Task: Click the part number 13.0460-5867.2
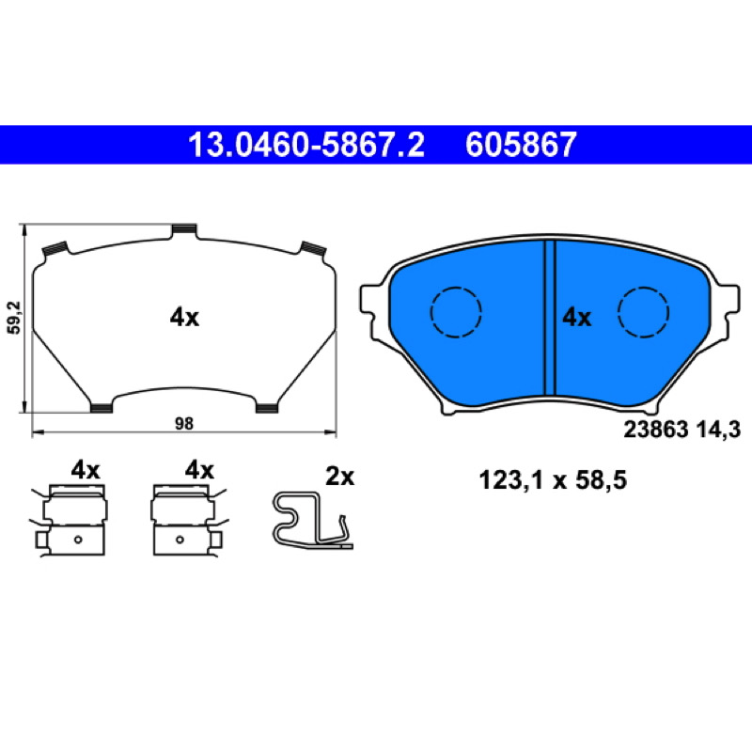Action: click(x=306, y=145)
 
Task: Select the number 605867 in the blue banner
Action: click(x=521, y=145)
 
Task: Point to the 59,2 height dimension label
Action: click(x=15, y=318)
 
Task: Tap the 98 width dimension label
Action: click(x=184, y=424)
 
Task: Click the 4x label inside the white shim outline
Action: click(x=184, y=318)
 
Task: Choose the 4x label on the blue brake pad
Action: click(x=577, y=318)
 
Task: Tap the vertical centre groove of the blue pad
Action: click(x=550, y=318)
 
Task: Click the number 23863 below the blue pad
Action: click(x=656, y=430)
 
